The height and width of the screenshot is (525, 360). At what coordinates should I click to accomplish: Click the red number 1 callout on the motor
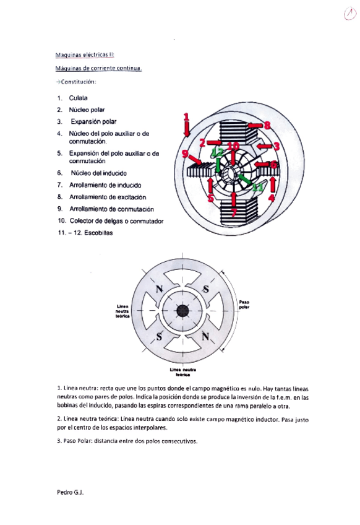pos(186,117)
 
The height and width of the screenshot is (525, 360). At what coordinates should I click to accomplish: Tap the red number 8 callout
pos(267,125)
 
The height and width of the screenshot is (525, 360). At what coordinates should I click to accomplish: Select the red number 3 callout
pos(276,146)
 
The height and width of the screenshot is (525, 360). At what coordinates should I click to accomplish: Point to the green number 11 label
pos(257,188)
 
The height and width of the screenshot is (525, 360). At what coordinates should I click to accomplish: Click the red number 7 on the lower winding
pos(234,212)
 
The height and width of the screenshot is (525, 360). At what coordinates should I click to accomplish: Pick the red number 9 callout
pos(185,154)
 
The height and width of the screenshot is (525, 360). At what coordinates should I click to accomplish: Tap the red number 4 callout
pos(272,198)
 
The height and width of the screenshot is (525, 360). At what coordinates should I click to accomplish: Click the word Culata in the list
pos(79,98)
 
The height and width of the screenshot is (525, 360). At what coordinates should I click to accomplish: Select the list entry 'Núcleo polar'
pos(87,110)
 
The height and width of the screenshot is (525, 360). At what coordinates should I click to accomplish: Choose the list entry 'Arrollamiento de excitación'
pos(108,197)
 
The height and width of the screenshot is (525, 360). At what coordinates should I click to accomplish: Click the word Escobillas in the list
pos(98,233)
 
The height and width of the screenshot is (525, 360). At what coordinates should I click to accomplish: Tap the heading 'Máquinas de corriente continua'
pos(99,68)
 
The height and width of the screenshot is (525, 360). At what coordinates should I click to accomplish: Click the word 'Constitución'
pos(79,82)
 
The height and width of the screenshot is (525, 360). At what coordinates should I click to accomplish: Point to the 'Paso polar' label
pos(244,305)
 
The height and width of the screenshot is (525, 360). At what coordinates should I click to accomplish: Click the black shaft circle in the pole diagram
pos(182,311)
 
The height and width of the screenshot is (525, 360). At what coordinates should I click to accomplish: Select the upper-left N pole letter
pos(159,289)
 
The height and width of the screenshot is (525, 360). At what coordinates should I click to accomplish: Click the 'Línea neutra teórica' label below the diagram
pos(182,372)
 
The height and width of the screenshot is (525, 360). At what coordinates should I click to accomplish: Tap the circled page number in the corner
pos(350,14)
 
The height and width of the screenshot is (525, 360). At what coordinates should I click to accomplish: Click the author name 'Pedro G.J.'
pos(71,493)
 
